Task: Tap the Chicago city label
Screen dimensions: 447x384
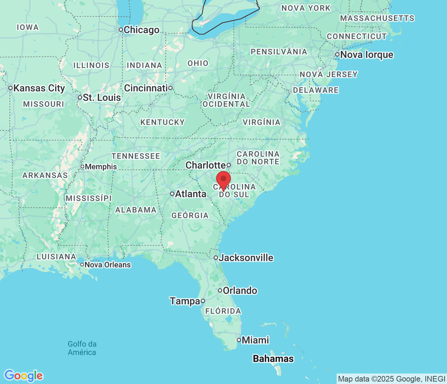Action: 141,30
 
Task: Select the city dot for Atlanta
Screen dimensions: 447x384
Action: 172,194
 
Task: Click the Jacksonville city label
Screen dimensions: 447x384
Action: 246,258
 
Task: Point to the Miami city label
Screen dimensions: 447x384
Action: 255,340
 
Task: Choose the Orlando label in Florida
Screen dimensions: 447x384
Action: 240,290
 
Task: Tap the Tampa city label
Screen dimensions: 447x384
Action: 185,301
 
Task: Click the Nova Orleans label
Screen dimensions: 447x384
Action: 108,265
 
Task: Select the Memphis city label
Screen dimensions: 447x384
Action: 101,167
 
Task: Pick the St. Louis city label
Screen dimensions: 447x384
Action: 102,98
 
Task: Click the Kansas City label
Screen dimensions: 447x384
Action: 39,88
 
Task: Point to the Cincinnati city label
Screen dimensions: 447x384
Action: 146,88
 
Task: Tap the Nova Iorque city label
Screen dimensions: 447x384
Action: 367,55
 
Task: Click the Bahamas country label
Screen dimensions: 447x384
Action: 273,359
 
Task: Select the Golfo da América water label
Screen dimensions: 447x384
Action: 82,348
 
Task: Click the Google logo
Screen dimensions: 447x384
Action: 23,376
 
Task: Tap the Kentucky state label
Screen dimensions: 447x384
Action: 162,122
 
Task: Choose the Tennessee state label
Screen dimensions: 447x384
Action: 136,156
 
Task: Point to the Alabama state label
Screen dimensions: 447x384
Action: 136,210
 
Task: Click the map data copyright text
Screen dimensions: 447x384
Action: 391,379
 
